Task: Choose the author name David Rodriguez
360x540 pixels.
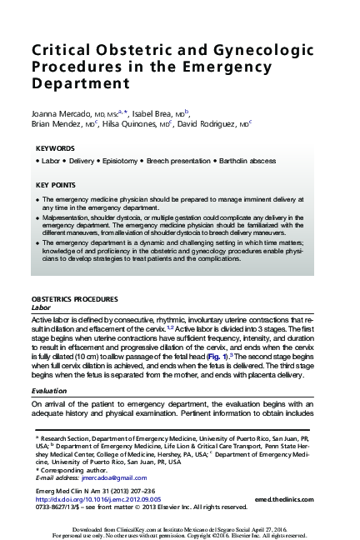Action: pyautogui.click(x=211, y=122)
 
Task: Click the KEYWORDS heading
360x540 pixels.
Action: pyautogui.click(x=55, y=147)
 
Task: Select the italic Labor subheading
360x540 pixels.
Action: pyautogui.click(x=41, y=307)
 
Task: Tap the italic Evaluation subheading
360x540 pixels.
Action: pyautogui.click(x=49, y=389)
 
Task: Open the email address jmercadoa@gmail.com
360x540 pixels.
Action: pyautogui.click(x=109, y=477)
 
